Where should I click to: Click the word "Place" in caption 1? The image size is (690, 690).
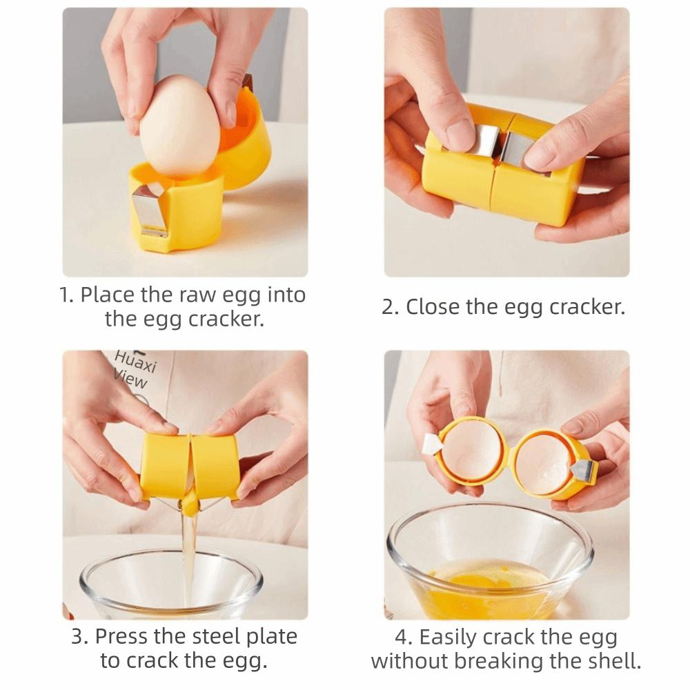pos(108,295)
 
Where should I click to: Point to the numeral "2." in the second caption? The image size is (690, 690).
pos(391,307)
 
